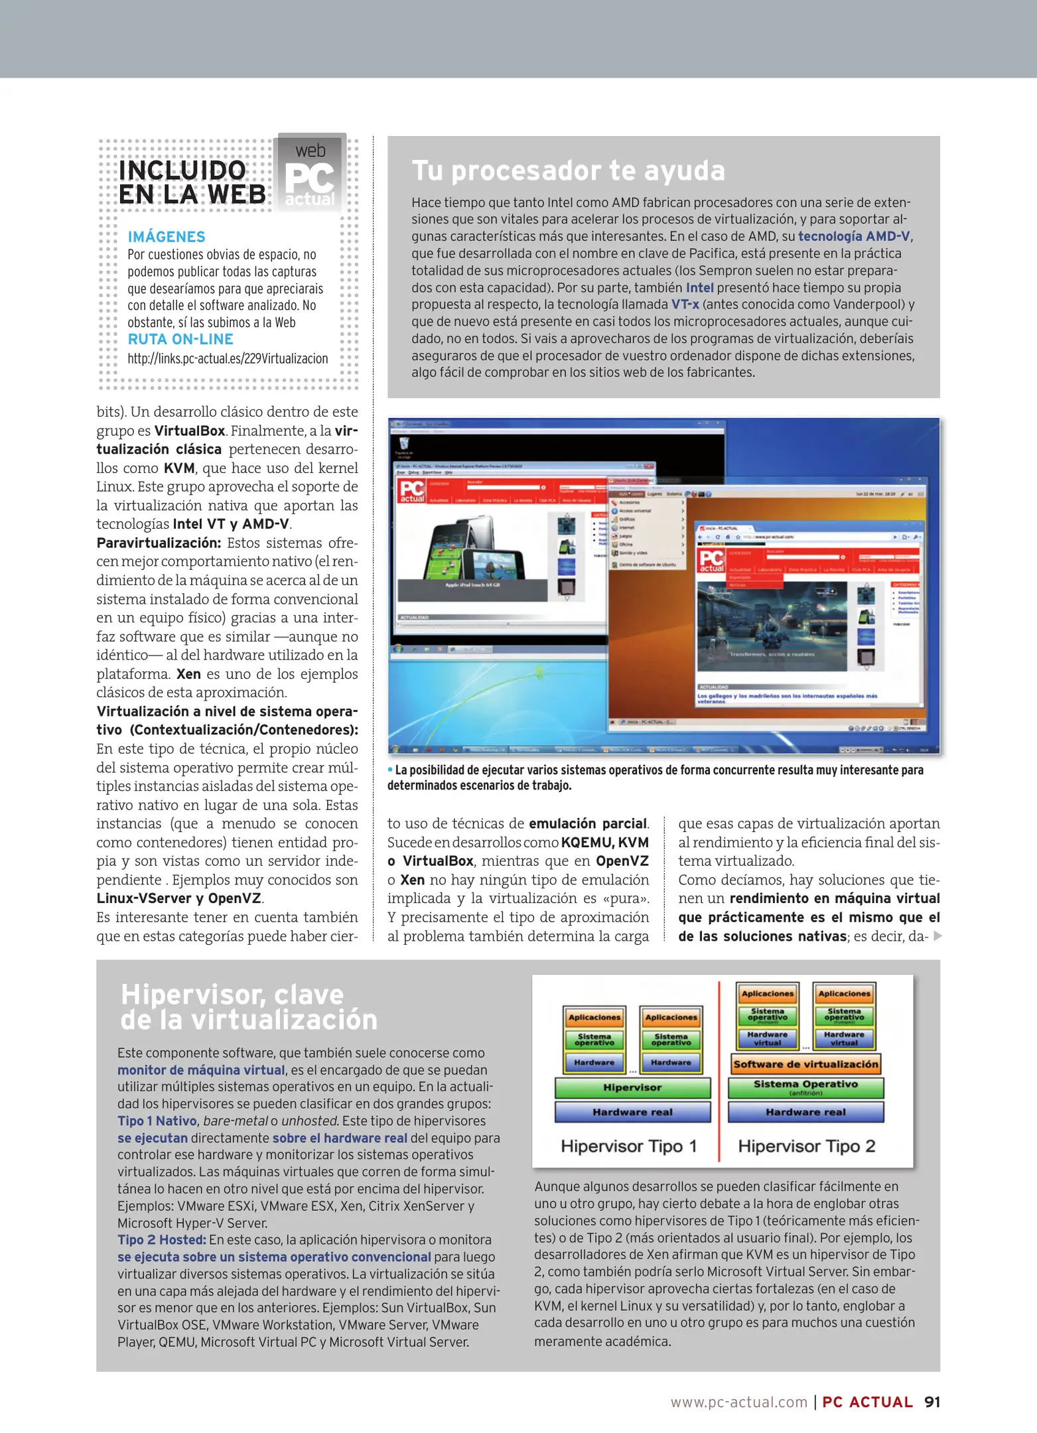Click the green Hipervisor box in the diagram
(632, 1087)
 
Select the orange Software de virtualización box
(805, 1064)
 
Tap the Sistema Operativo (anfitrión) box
(805, 1087)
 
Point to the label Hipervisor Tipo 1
(628, 1146)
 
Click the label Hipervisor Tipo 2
(806, 1146)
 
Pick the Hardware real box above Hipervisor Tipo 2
(805, 1112)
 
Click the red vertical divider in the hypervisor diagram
(719, 1068)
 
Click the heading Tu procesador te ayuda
(568, 171)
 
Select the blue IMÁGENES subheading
(167, 237)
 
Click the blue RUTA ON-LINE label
(180, 339)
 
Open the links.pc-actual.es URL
(228, 359)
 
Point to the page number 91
(932, 1402)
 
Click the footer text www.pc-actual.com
(738, 1402)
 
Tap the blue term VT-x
(685, 305)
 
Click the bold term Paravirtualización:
(159, 543)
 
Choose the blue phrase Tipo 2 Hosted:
(161, 1239)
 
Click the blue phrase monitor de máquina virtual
(201, 1069)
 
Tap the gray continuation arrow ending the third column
(937, 936)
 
